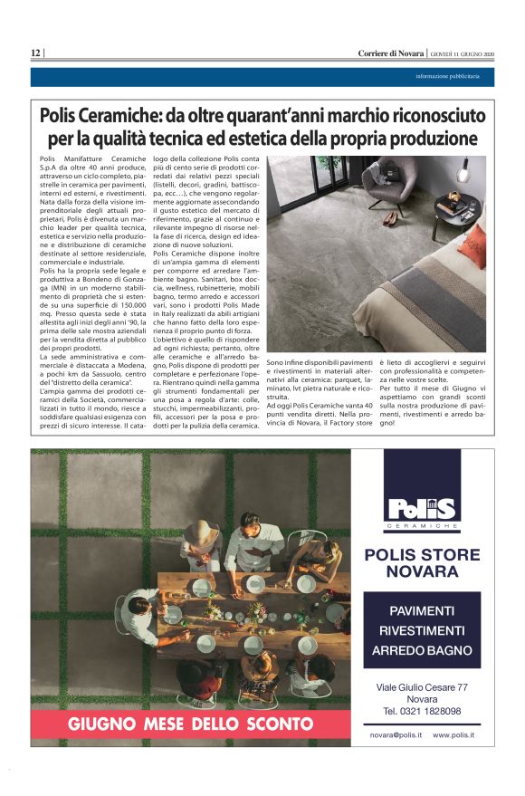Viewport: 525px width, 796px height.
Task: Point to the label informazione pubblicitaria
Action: pyautogui.click(x=453, y=76)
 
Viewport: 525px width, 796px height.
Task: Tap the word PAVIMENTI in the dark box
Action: pyautogui.click(x=421, y=610)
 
